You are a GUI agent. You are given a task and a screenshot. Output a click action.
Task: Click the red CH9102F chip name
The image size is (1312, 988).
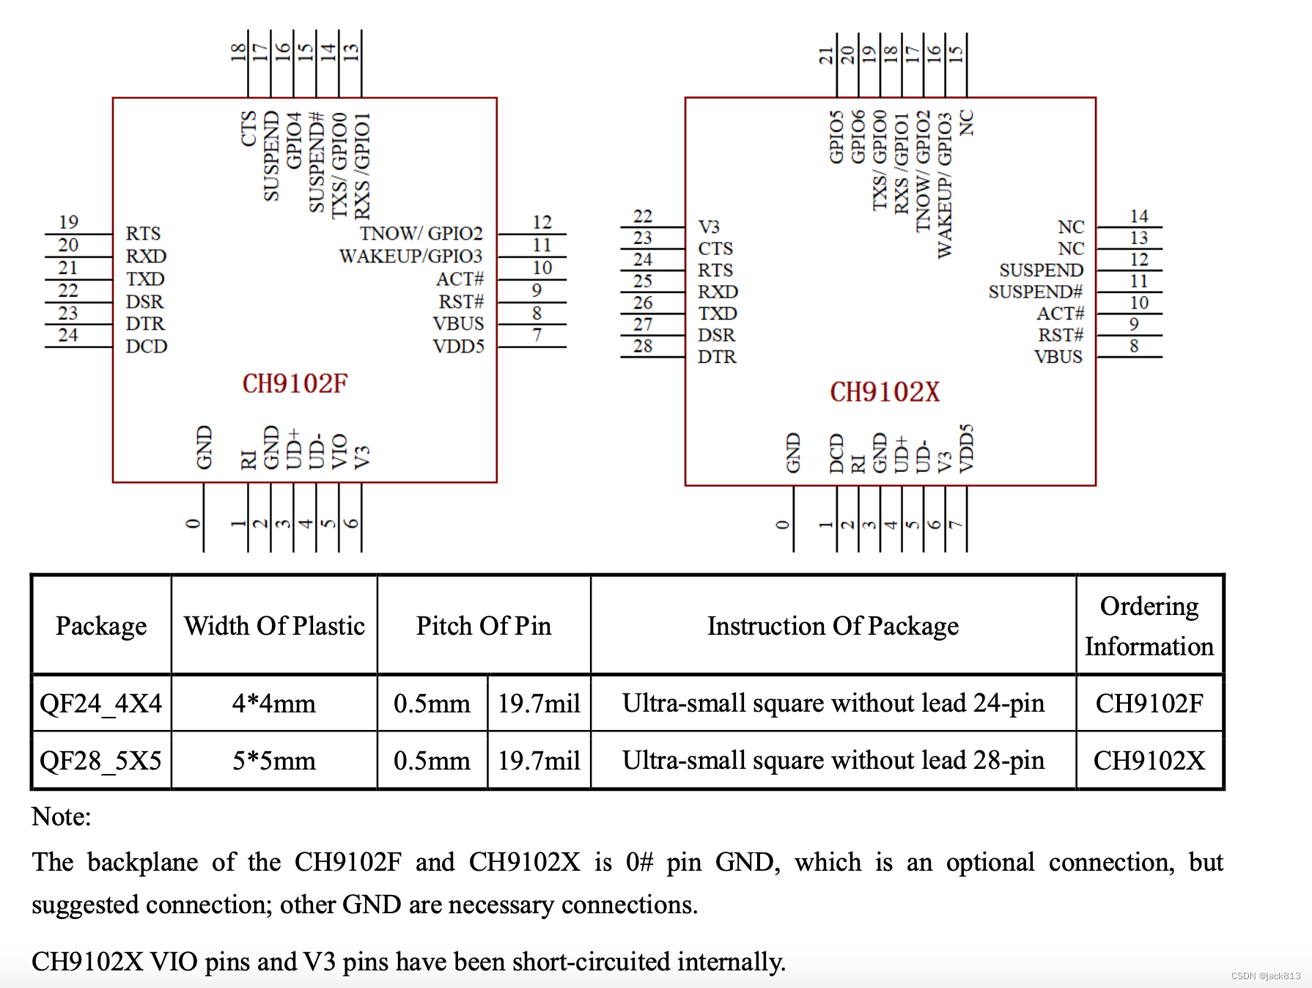click(x=295, y=383)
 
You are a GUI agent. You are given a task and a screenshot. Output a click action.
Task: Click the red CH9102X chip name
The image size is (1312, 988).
click(x=884, y=392)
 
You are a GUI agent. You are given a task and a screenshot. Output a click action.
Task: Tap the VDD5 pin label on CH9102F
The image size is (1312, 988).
click(x=458, y=346)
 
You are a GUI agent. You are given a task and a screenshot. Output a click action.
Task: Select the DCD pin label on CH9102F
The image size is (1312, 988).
click(x=147, y=346)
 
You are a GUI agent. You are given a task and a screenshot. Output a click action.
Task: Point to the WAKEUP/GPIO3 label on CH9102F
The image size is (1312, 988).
click(x=410, y=256)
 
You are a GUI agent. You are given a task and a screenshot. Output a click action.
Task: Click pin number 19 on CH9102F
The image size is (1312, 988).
click(x=68, y=222)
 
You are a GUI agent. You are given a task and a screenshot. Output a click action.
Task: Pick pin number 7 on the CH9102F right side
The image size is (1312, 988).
click(x=537, y=335)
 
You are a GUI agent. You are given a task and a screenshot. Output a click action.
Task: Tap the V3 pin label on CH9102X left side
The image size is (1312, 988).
click(x=709, y=226)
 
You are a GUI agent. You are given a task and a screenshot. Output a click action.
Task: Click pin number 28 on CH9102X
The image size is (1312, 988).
click(x=643, y=346)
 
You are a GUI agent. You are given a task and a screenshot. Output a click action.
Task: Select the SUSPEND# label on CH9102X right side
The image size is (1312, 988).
click(x=1035, y=292)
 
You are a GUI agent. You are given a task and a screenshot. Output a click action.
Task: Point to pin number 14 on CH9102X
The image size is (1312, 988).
click(x=1138, y=216)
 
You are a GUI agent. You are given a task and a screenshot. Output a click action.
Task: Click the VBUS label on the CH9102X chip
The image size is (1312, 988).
click(x=1058, y=357)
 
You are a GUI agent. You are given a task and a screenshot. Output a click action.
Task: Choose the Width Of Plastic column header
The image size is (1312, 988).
click(x=274, y=626)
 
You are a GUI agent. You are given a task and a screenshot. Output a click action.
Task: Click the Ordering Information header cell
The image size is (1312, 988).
click(x=1149, y=626)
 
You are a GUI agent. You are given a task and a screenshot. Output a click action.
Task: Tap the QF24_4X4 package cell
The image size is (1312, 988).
click(x=101, y=704)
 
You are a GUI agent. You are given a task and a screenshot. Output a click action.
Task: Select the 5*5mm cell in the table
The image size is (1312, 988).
click(x=274, y=761)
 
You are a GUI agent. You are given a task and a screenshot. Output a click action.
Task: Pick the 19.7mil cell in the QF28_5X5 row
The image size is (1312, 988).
click(x=539, y=761)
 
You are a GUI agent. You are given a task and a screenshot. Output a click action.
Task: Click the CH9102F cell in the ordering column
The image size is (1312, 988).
click(x=1149, y=704)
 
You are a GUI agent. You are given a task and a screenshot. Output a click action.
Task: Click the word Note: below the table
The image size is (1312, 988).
click(x=62, y=816)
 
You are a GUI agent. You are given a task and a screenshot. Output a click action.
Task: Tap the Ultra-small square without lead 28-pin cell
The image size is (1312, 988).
click(x=833, y=761)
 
